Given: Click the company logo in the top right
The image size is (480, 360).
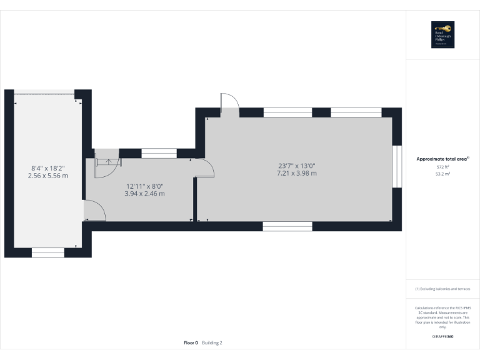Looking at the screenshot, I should (x=442, y=35).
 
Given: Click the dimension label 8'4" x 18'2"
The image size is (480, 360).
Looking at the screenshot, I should (x=48, y=168).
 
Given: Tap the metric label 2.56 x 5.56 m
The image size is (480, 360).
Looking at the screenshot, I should (x=48, y=176).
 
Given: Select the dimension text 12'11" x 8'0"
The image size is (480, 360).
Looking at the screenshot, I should (x=144, y=186).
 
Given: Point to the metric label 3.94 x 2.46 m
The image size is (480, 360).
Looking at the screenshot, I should (x=144, y=194).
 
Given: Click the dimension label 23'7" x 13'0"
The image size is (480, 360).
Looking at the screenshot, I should (x=297, y=166).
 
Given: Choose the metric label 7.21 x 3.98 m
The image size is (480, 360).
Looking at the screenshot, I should (x=297, y=173).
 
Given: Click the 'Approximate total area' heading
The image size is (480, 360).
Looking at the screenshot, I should (x=442, y=159).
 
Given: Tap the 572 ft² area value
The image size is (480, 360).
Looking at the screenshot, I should (x=442, y=167).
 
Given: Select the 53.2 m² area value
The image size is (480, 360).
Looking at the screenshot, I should (x=442, y=174).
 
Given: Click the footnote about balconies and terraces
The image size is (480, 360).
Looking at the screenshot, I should (x=442, y=289).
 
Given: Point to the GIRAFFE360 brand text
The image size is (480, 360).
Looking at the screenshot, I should (x=442, y=337).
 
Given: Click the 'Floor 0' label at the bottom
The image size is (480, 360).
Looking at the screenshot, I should (x=191, y=342).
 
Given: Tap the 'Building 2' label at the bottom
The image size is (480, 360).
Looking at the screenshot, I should (x=212, y=342).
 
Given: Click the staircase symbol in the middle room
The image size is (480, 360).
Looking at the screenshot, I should (x=107, y=164).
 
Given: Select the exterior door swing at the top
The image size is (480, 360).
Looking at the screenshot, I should (x=229, y=104).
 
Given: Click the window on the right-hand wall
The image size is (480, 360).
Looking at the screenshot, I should (x=396, y=166).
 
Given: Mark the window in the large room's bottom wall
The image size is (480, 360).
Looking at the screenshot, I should (x=287, y=226).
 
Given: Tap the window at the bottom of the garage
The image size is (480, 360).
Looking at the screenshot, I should (x=48, y=252).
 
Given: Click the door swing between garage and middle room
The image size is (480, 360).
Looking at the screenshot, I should (x=94, y=211).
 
